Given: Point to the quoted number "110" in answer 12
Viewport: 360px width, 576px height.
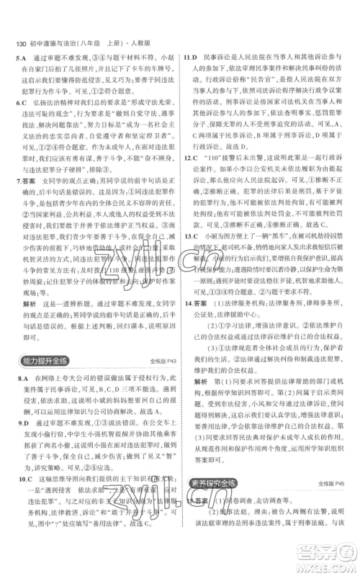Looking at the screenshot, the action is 217,177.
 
